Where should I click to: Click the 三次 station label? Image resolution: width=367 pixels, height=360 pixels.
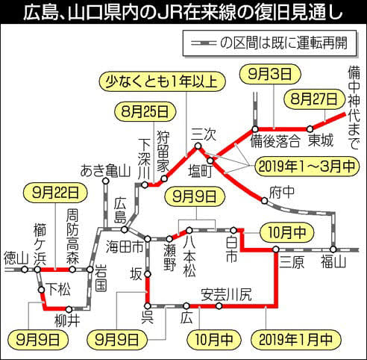[x=204, y=134]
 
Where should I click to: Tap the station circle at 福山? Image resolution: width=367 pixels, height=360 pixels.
[x=333, y=249]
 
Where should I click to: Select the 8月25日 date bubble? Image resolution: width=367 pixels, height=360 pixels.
[x=145, y=111]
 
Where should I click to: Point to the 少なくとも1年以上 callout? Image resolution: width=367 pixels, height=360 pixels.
[x=162, y=81]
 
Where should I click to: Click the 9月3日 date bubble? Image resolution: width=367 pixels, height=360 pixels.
[x=270, y=74]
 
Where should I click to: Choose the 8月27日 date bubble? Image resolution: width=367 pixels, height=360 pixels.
[x=314, y=99]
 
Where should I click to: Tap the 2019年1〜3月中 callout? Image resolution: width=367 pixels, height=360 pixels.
[x=307, y=167]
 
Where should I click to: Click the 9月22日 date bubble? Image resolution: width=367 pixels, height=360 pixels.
[x=55, y=193]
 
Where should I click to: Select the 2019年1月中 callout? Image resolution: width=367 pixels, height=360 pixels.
[x=296, y=339]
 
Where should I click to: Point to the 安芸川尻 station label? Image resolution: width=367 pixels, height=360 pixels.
[x=226, y=294]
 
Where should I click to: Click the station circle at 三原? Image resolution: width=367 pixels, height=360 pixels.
[x=276, y=249]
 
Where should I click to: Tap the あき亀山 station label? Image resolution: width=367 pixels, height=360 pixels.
[x=105, y=171]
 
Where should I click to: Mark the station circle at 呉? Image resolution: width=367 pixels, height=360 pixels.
[x=148, y=305]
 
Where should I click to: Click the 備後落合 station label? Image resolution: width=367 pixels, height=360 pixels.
[x=275, y=141]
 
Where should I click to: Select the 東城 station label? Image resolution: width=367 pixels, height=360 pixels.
[x=321, y=140]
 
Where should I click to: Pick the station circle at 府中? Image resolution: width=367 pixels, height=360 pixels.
[x=264, y=201]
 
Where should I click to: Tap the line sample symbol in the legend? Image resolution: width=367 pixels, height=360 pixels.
[x=203, y=43]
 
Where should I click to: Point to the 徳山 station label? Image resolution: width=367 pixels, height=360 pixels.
[x=16, y=258]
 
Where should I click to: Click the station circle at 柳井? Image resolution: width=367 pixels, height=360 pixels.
[x=69, y=309]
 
